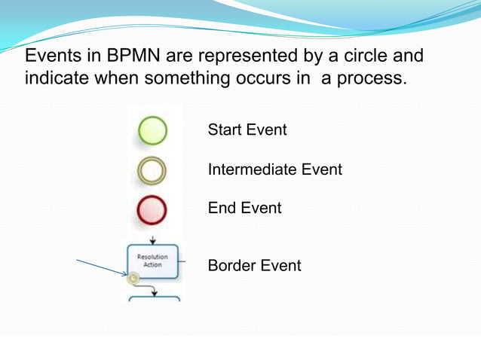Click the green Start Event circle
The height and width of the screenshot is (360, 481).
(x=152, y=130)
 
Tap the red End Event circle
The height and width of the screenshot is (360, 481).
(x=152, y=210)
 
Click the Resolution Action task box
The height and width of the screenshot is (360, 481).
(x=153, y=261)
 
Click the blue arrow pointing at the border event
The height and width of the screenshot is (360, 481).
(x=103, y=268)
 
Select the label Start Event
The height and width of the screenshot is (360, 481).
(x=247, y=130)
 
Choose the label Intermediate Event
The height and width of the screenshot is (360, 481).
(x=274, y=169)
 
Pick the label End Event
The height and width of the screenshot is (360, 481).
(x=244, y=208)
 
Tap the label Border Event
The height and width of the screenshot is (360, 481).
(x=254, y=265)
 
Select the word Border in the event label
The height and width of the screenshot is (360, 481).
(x=231, y=265)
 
